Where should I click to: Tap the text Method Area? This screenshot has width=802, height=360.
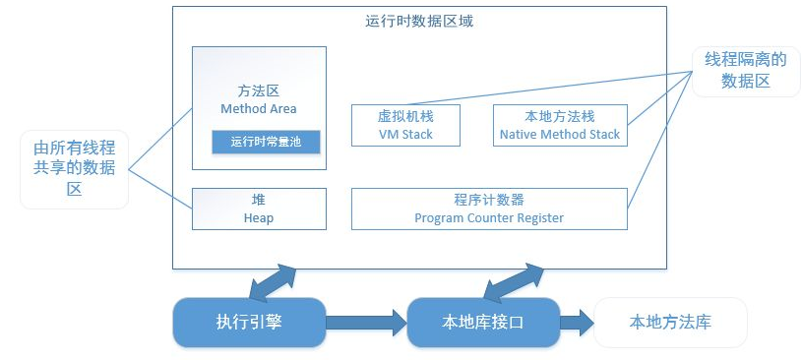click(x=259, y=108)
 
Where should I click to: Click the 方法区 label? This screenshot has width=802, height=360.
click(x=259, y=90)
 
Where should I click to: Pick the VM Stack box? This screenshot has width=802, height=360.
click(x=405, y=125)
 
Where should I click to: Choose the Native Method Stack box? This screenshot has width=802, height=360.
click(x=560, y=125)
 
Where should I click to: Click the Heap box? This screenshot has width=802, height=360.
click(x=259, y=209)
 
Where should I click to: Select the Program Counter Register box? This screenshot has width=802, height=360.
click(x=489, y=209)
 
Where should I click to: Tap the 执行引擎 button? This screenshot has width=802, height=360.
click(x=249, y=322)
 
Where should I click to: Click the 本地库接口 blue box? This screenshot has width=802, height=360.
click(x=483, y=322)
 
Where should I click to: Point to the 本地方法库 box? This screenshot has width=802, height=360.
click(x=670, y=322)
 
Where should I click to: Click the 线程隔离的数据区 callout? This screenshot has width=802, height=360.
click(x=738, y=71)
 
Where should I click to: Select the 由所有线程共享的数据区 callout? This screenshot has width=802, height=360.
click(x=75, y=169)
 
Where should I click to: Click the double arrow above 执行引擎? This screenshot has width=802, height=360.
click(x=274, y=281)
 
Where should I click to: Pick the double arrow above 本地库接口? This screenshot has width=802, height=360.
click(x=512, y=281)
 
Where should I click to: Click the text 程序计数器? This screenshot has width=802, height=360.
click(x=489, y=200)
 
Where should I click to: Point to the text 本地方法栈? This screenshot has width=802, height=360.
click(x=560, y=116)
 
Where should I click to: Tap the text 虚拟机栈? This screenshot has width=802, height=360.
click(x=405, y=116)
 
